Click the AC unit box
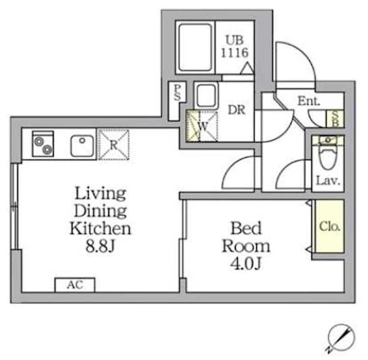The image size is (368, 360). pyautogui.click(x=75, y=285)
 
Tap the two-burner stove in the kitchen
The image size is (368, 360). pyautogui.click(x=43, y=144)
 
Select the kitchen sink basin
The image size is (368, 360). pyautogui.click(x=82, y=146)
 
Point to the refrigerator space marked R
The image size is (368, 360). pyautogui.click(x=114, y=145)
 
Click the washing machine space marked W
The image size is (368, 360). pyautogui.click(x=202, y=126)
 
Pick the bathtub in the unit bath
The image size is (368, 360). pyautogui.click(x=195, y=48)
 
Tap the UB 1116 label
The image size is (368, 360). pyautogui.click(x=235, y=46)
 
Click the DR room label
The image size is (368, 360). pyautogui.click(x=236, y=110)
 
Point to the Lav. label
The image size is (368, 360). pyautogui.click(x=328, y=181)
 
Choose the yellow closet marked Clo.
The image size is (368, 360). pyautogui.click(x=329, y=226)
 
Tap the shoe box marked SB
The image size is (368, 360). pyautogui.click(x=335, y=119)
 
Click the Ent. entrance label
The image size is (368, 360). pyautogui.click(x=309, y=101)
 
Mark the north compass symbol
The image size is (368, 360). pyautogui.click(x=340, y=338)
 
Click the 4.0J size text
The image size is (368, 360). pyautogui.click(x=246, y=264)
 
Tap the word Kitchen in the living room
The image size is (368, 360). pyautogui.click(x=100, y=229)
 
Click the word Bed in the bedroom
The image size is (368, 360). pyautogui.click(x=246, y=228)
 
